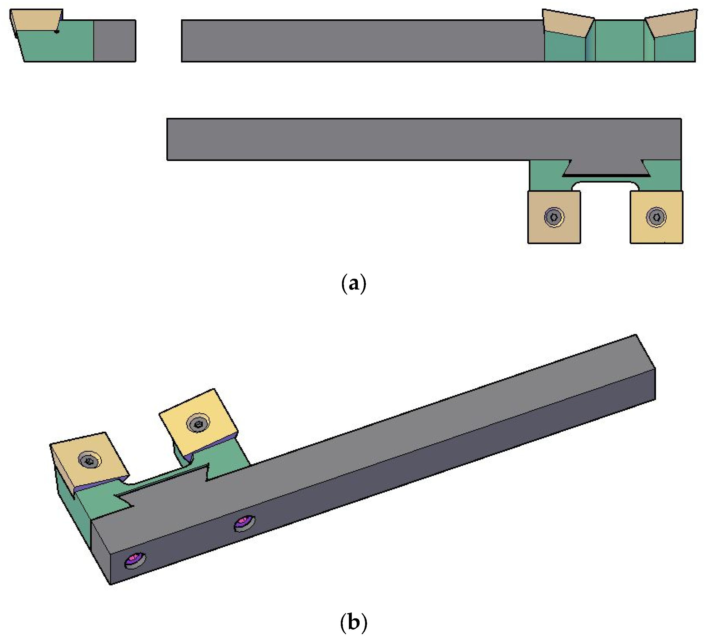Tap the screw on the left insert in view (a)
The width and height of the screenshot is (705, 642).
554,217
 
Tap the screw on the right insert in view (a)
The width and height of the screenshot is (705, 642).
656,217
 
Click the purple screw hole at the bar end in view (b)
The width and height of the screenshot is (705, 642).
135,559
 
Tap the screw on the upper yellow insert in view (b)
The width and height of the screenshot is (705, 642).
198,424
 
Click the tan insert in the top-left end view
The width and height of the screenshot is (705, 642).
35,20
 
